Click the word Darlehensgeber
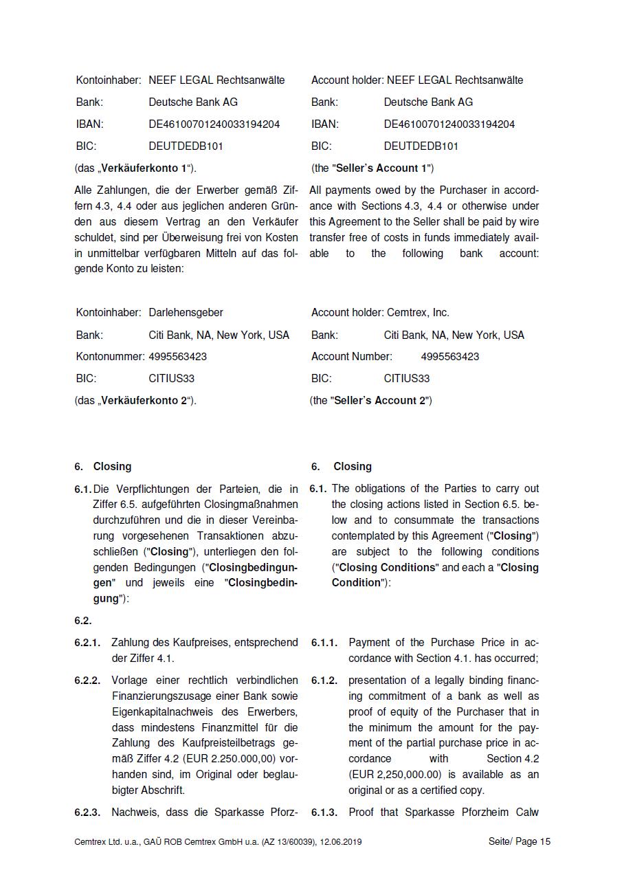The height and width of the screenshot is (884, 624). (x=186, y=313)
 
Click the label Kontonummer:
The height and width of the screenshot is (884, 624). (x=109, y=357)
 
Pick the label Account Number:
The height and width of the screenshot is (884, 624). (x=351, y=357)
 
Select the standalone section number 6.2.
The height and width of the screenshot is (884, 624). (x=83, y=621)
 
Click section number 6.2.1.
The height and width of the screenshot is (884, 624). (x=87, y=643)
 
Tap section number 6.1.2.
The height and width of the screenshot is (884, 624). (x=324, y=681)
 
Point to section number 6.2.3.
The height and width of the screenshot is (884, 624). (x=87, y=813)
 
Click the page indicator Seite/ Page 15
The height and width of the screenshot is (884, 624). (x=520, y=842)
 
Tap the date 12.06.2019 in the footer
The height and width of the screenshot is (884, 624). (x=341, y=842)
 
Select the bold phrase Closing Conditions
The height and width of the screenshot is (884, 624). (x=388, y=568)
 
